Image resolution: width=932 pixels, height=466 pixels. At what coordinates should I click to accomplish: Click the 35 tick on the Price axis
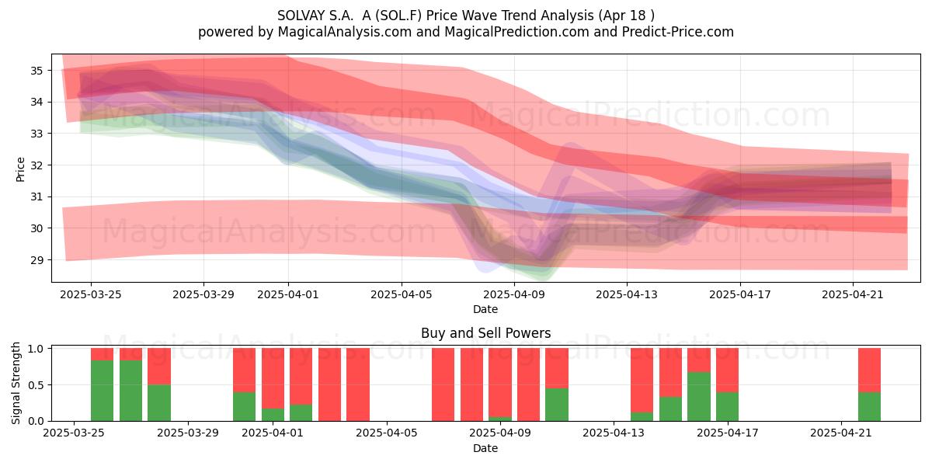37,71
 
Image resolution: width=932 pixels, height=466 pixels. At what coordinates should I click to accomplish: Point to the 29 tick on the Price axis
37,260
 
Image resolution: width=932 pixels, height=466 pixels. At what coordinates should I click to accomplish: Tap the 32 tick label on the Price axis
37,165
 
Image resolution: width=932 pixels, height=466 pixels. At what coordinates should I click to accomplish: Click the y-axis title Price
20,169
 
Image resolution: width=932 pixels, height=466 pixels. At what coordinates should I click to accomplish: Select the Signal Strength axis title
16,383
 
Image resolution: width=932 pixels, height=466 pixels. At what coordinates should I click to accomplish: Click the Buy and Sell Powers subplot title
485,333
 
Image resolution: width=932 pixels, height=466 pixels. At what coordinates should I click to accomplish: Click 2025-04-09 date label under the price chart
514,294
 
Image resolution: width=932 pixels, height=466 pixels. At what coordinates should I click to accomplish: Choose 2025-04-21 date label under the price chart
853,294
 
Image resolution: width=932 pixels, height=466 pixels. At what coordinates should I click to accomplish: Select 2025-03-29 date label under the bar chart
188,433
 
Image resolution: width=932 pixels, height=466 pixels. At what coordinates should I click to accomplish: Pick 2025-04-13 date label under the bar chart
614,433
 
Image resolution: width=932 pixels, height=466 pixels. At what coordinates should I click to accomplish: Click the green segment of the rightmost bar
869,406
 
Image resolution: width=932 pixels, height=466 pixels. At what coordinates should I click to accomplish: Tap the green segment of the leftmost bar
102,391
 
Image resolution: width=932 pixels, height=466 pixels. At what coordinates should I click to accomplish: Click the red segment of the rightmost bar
869,370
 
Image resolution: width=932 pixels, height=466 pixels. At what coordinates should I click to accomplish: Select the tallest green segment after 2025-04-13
698,397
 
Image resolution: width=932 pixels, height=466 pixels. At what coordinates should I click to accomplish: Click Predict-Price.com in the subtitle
678,32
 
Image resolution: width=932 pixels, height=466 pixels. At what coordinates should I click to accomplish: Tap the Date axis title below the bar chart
485,448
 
